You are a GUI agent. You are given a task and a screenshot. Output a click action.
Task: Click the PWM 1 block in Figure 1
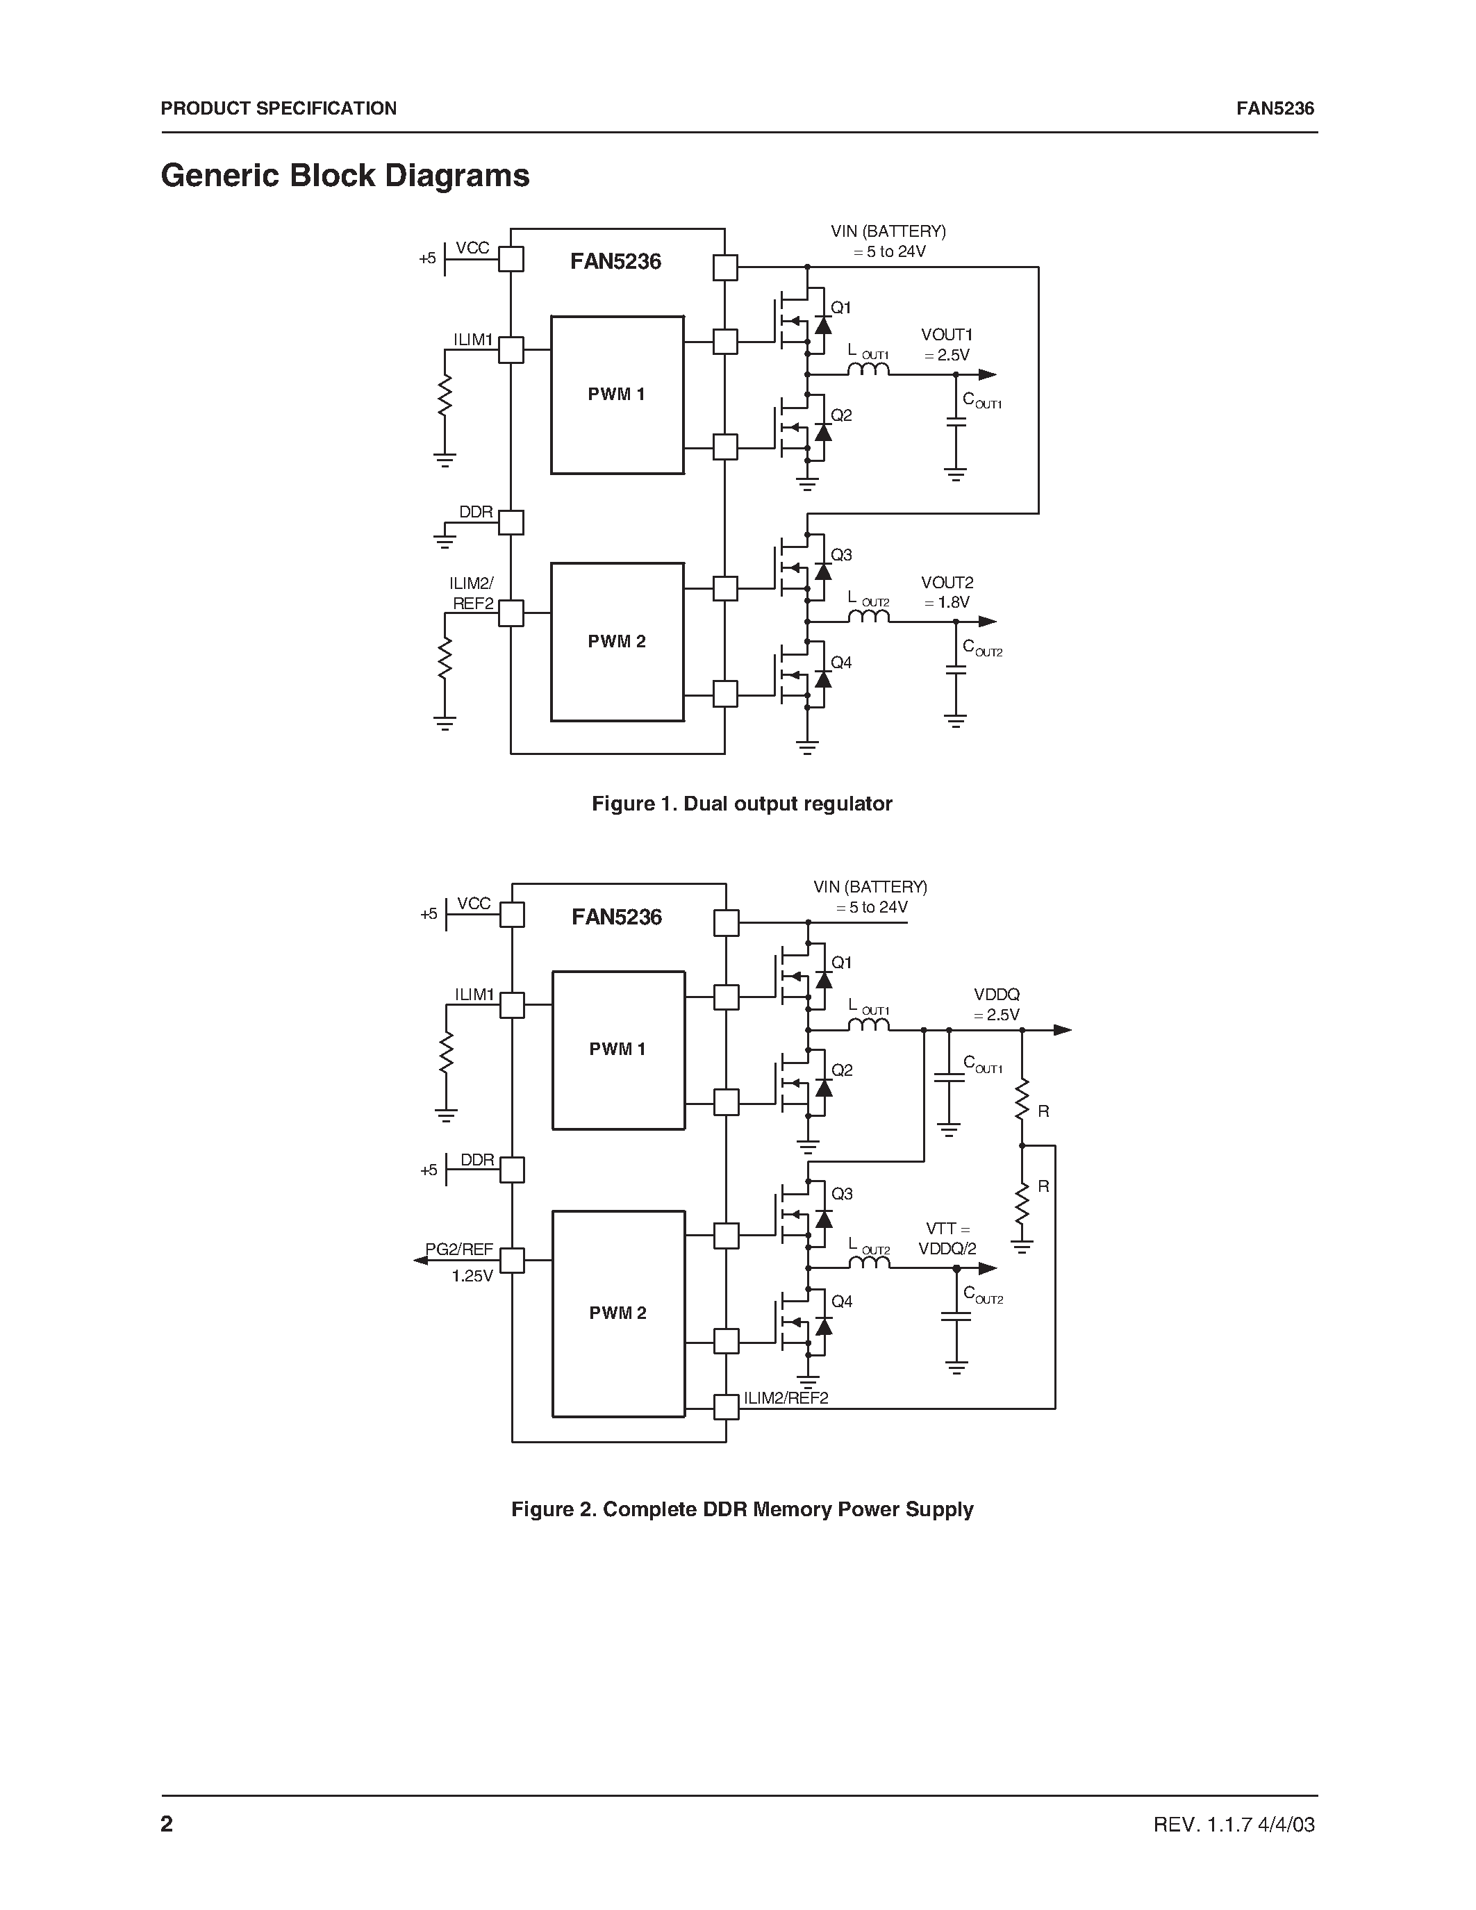pos(617,395)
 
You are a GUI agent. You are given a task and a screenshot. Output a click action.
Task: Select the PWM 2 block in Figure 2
pos(618,1313)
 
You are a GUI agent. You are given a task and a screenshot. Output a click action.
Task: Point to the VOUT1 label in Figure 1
pos(947,335)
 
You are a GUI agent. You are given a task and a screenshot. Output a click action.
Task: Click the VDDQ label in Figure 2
pos(997,995)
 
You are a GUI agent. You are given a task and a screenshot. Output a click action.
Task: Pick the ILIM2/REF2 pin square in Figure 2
pos(726,1407)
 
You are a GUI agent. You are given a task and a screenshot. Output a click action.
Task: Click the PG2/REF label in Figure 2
pos(460,1249)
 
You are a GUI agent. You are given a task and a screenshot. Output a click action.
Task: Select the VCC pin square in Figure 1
pos(511,259)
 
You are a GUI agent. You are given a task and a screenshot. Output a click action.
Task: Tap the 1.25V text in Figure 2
pos(472,1276)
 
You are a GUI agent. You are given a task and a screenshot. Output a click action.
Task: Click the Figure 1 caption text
pos(742,804)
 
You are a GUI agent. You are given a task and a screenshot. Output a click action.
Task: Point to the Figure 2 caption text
pos(742,1509)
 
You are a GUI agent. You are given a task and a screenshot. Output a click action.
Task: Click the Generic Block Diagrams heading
pos(345,176)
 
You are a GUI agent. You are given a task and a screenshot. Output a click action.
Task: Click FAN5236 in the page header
pos(1275,108)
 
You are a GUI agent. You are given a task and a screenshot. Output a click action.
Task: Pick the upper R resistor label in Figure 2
pos(1043,1111)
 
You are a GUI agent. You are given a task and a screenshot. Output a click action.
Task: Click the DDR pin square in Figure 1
pos(511,523)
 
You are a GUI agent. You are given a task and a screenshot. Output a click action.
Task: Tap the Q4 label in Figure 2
pos(842,1302)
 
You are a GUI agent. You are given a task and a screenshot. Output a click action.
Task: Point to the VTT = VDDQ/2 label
pos(947,1239)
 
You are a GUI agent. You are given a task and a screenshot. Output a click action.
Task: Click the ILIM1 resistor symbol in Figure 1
pos(445,395)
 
